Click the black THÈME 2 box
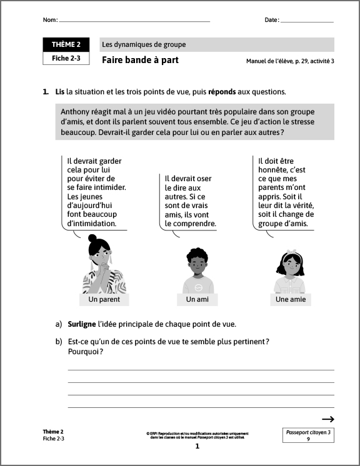[66, 44]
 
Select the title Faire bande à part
[140, 60]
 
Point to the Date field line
[307, 22]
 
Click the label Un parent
[104, 300]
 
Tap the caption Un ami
[197, 300]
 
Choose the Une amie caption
[291, 300]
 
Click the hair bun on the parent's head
[93, 238]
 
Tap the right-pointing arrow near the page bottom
[328, 419]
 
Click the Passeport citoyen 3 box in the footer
[307, 435]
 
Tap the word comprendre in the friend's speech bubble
[193, 223]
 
